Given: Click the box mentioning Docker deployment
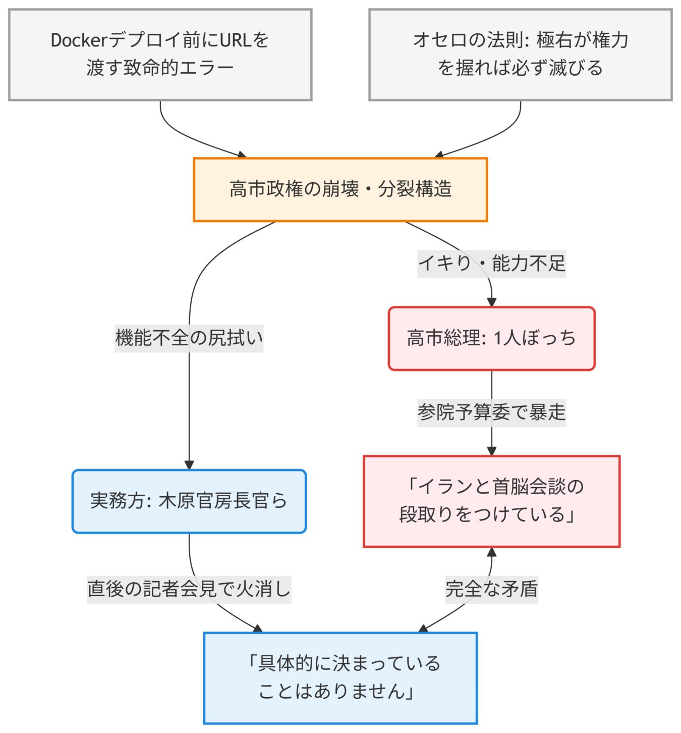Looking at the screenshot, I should click(x=160, y=55).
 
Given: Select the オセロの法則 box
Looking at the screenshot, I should click(x=520, y=55).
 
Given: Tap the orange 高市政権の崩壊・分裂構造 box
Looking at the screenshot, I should click(x=340, y=189).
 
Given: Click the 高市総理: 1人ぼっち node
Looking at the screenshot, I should click(x=491, y=338).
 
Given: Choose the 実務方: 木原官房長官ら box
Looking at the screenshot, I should click(x=189, y=501).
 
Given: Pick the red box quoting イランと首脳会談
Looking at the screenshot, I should click(x=491, y=501).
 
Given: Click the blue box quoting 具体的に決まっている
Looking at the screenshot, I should click(x=340, y=677).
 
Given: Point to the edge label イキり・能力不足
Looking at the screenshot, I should click(x=491, y=264).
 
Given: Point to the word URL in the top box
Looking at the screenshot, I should click(x=236, y=40).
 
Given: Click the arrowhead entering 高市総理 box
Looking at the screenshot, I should click(x=491, y=302).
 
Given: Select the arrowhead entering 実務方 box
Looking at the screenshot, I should click(x=189, y=465).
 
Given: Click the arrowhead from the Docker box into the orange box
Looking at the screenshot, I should click(x=242, y=154).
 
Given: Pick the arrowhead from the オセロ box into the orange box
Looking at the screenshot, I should click(x=439, y=154).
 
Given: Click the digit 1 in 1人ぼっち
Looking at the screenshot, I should click(x=498, y=338).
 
